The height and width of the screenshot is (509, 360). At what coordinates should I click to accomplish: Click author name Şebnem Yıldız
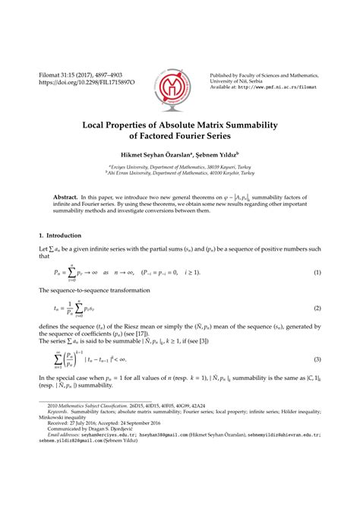coord(215,157)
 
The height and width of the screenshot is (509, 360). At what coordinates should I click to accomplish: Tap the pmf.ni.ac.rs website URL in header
coord(278,87)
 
